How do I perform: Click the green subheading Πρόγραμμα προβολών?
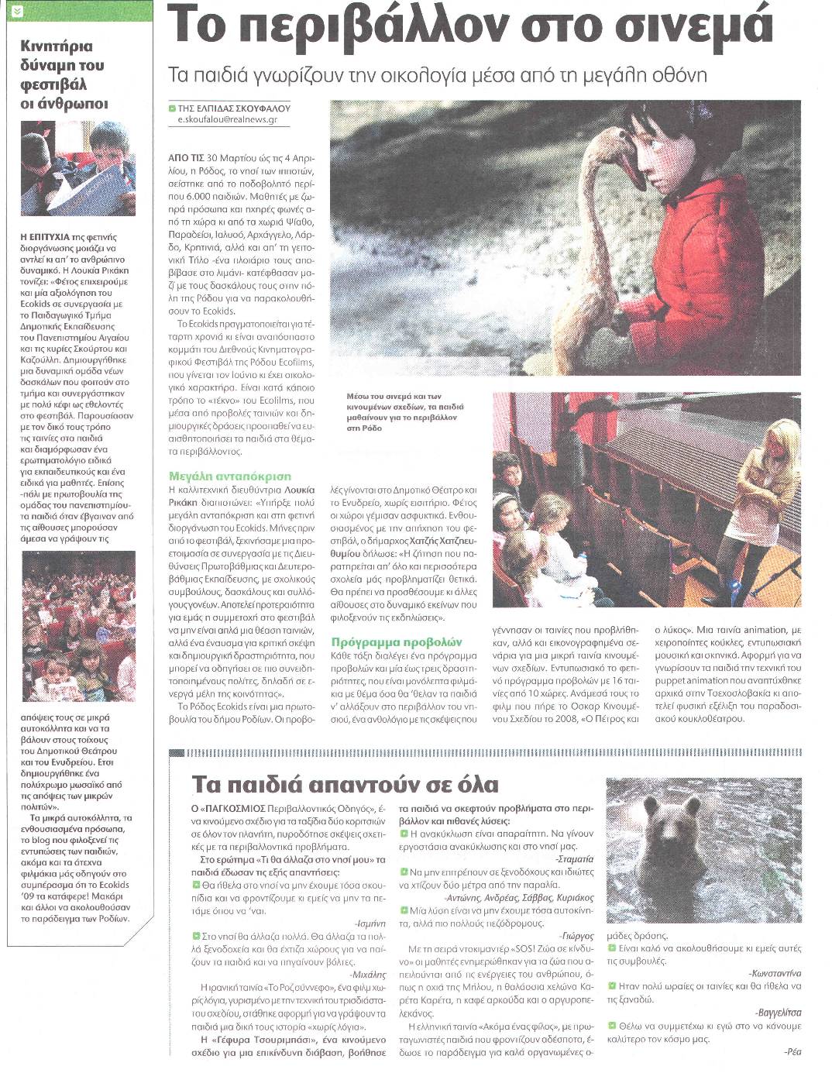(x=396, y=641)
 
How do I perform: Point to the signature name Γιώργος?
(x=577, y=935)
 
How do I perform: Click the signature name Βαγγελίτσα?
(x=778, y=1012)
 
